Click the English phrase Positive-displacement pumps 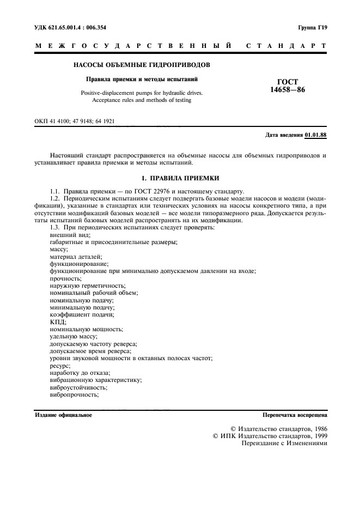pos(119,93)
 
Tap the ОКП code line pos(74,122)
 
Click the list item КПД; pos(58,322)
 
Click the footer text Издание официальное pos(63,415)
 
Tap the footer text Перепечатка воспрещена pos(294,415)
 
